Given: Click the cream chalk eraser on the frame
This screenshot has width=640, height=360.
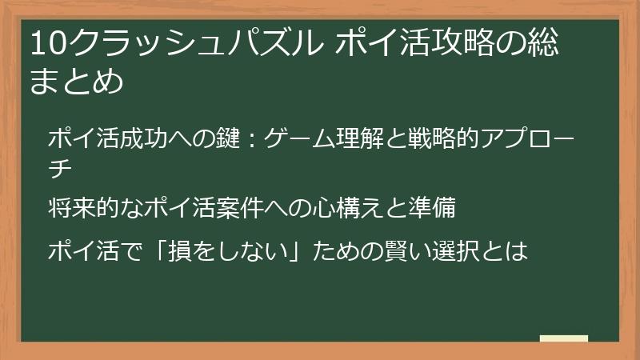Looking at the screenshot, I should (x=564, y=338).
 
